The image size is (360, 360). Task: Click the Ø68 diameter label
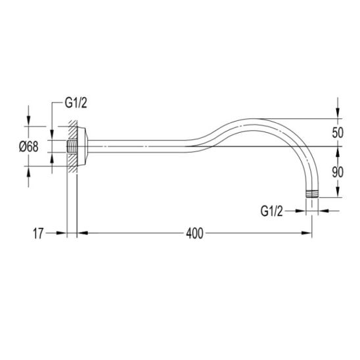click(x=29, y=146)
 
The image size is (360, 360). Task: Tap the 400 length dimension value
click(x=194, y=233)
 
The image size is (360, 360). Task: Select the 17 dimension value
click(x=38, y=233)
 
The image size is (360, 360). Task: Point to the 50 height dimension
click(x=338, y=133)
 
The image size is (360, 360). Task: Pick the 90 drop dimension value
click(x=338, y=172)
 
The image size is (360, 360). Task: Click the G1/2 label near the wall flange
click(x=76, y=102)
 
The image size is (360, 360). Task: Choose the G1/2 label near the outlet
click(x=271, y=211)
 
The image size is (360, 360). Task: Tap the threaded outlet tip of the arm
click(x=312, y=194)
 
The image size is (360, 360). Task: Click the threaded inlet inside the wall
click(x=72, y=146)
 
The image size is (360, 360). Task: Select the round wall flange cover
click(x=82, y=146)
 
